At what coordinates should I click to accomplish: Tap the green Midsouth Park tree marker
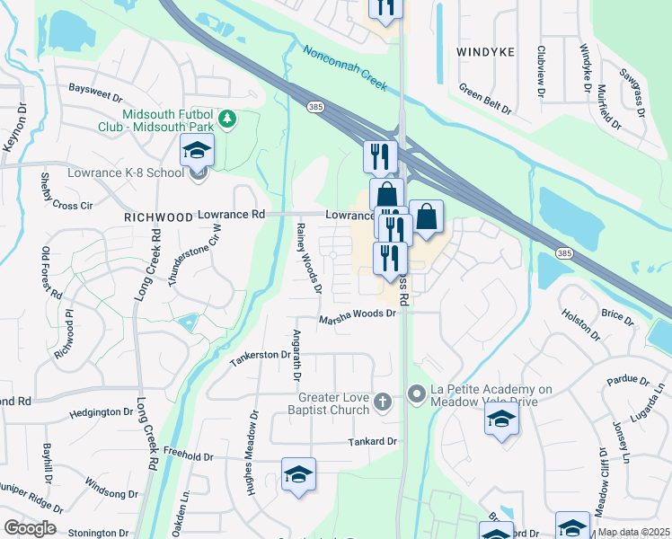click(228, 119)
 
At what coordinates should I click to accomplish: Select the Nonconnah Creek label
click(345, 68)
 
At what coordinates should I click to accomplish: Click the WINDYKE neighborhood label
click(485, 52)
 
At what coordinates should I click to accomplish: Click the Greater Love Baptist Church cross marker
click(383, 402)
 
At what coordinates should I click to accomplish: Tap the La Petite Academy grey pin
click(416, 393)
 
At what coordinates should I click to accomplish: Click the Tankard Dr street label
click(373, 442)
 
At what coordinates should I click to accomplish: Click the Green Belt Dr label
click(485, 99)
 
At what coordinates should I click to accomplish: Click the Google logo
click(29, 528)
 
